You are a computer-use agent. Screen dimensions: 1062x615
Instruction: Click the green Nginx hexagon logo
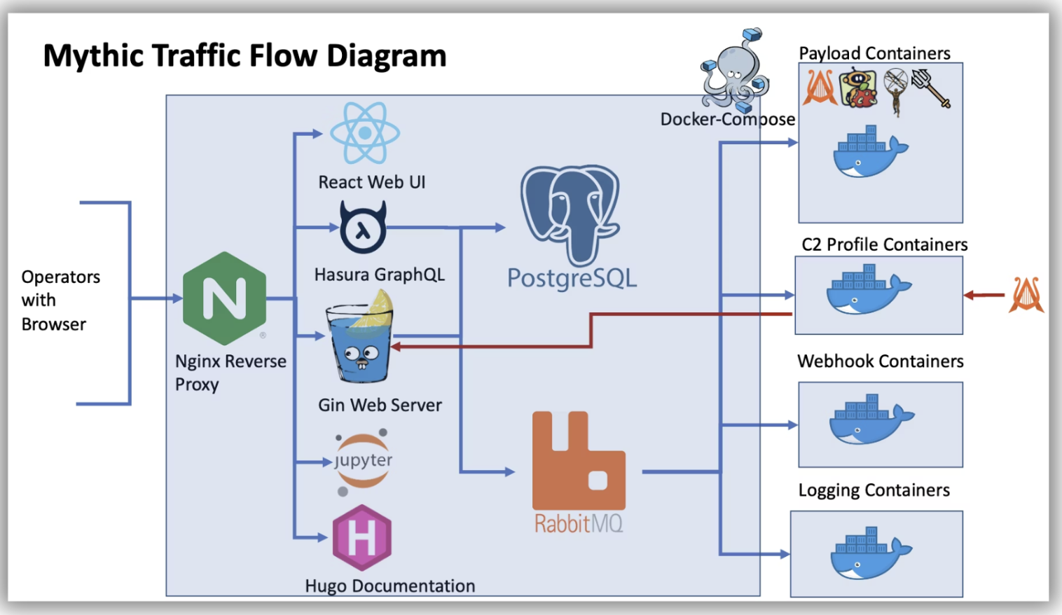224,298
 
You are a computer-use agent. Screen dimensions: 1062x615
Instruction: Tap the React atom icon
365,133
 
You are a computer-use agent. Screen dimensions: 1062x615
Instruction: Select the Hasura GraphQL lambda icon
363,227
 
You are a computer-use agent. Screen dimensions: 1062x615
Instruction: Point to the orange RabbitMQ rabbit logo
579,460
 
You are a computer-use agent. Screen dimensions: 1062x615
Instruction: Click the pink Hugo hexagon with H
362,537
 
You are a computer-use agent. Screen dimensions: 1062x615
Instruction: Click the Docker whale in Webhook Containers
871,419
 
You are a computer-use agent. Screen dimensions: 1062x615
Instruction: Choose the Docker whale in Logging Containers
871,553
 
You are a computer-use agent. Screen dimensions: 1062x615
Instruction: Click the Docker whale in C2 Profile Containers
869,289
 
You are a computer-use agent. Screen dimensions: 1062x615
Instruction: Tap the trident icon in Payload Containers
931,88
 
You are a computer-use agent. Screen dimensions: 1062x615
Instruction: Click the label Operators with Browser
61,300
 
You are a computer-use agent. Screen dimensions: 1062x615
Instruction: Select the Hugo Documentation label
389,586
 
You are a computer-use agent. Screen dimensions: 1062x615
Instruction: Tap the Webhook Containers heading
881,361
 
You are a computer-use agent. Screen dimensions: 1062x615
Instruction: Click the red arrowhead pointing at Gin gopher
396,347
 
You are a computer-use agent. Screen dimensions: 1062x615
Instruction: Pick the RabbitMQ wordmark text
579,524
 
